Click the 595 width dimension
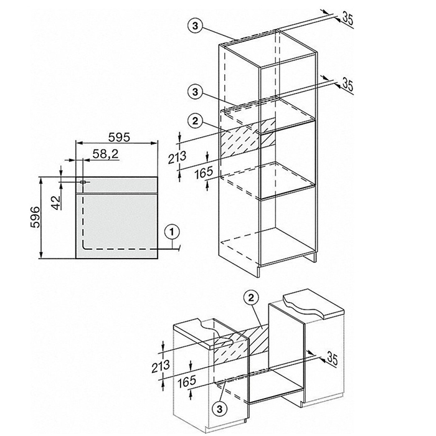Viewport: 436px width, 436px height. click(x=119, y=137)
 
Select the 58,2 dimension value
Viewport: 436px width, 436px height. click(x=105, y=154)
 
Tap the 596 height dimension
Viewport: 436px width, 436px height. click(x=35, y=217)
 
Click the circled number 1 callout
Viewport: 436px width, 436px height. click(x=172, y=231)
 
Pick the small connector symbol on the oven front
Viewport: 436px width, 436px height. click(x=83, y=182)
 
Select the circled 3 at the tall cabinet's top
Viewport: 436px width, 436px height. click(x=195, y=26)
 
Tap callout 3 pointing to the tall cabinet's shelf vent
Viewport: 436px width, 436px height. click(x=195, y=92)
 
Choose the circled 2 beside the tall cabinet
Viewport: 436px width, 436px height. click(x=195, y=121)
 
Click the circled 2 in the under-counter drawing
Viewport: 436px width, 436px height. click(x=251, y=298)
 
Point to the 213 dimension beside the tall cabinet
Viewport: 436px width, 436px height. click(x=177, y=158)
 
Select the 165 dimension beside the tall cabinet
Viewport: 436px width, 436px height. click(x=204, y=173)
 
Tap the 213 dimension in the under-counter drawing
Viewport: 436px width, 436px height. click(x=161, y=366)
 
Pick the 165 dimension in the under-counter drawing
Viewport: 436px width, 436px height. click(x=187, y=381)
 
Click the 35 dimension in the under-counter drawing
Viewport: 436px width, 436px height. click(x=332, y=358)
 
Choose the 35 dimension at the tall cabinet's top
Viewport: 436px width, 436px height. click(x=348, y=18)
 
